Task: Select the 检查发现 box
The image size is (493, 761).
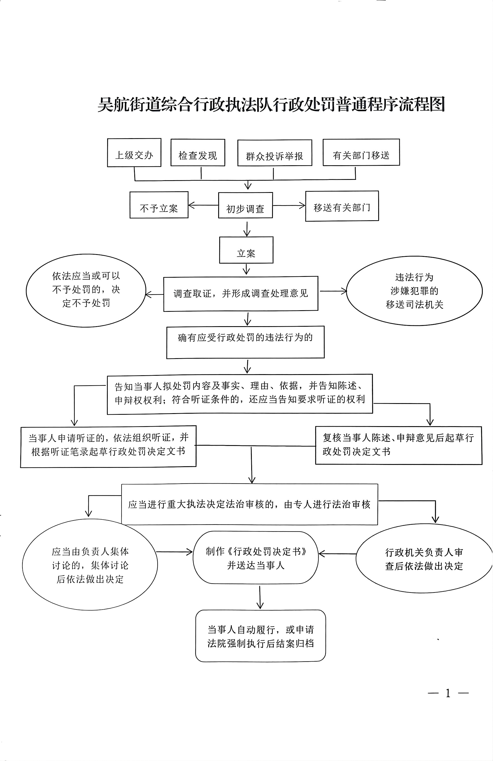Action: [x=198, y=153]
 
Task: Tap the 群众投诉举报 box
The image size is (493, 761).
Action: [x=275, y=153]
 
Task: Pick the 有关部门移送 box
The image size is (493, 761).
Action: [x=361, y=153]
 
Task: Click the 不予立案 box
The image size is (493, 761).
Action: [x=159, y=205]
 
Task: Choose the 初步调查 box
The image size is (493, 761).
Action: [x=245, y=206]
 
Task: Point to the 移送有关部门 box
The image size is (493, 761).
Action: [x=342, y=206]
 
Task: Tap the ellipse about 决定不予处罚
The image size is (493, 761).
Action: [x=86, y=290]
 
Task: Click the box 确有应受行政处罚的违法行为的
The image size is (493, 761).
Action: [x=245, y=342]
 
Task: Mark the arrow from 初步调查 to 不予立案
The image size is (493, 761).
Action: [x=203, y=205]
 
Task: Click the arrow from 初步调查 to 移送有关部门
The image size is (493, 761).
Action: [x=289, y=206]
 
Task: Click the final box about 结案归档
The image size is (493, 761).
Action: [x=260, y=636]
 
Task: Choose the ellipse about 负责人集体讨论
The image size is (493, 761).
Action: [x=90, y=565]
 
